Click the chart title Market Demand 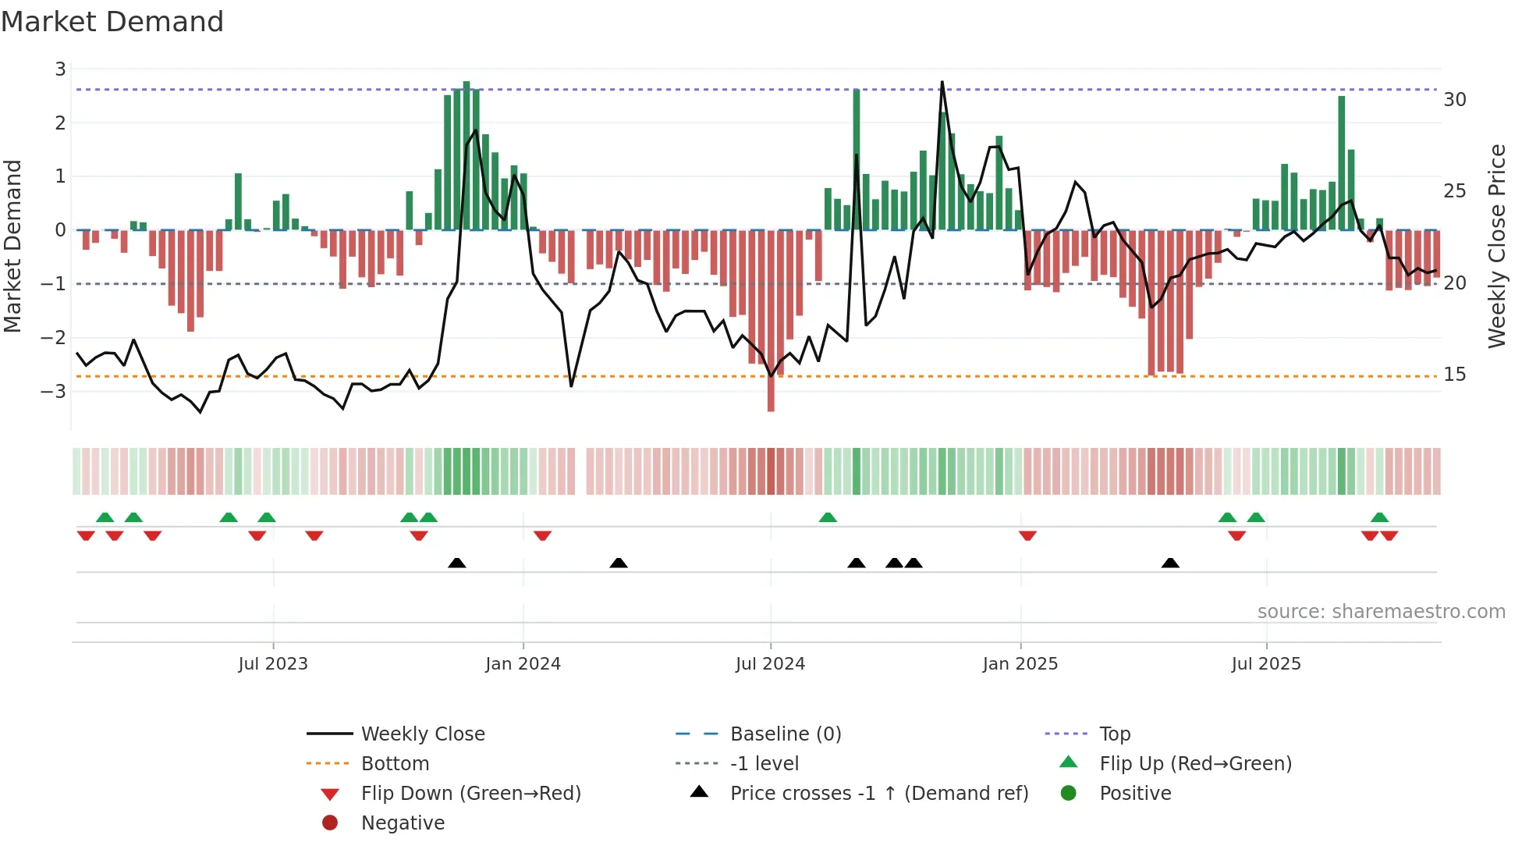click(x=112, y=22)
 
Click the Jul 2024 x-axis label click(x=770, y=664)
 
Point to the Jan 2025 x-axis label click(x=1020, y=664)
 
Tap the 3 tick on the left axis click(x=60, y=69)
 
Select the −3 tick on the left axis click(x=55, y=391)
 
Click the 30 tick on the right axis click(x=1454, y=100)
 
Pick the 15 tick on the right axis click(x=1454, y=375)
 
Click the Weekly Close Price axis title click(x=1496, y=246)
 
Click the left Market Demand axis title click(x=13, y=246)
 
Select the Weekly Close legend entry click(x=422, y=734)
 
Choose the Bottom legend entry click(x=395, y=764)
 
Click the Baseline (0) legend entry click(x=785, y=734)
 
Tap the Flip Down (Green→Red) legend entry click(x=470, y=794)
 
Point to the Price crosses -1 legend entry click(x=878, y=794)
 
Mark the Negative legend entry click(x=403, y=823)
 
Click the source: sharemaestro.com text click(x=1381, y=612)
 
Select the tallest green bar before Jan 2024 click(x=467, y=156)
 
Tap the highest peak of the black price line click(x=942, y=82)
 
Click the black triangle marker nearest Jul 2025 click(x=1170, y=563)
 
